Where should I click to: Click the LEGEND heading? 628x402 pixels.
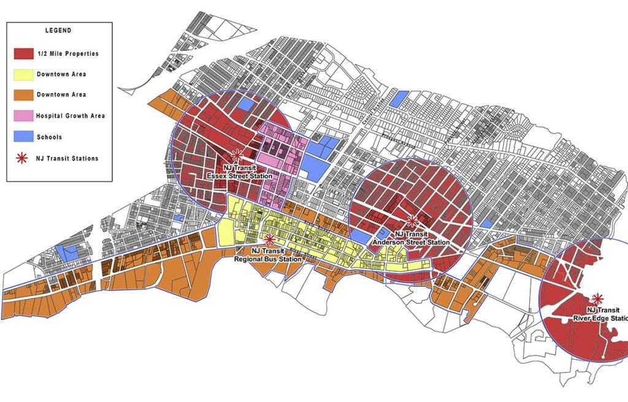click(59, 30)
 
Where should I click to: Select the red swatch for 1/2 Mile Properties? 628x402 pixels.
click(24, 53)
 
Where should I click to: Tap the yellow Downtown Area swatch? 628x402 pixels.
click(24, 74)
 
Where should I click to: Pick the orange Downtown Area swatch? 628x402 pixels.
click(24, 95)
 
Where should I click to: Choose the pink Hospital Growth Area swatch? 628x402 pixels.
click(24, 116)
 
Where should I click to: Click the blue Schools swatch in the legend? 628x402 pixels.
click(24, 137)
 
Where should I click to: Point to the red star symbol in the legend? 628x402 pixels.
click(24, 158)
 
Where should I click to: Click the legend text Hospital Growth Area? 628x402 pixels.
click(70, 116)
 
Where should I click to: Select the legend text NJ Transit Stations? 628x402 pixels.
click(67, 158)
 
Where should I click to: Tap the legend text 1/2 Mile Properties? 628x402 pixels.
click(67, 53)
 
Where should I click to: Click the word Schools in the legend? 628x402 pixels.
click(49, 137)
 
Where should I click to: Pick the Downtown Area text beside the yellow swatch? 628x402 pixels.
click(61, 74)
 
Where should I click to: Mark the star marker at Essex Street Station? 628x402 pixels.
click(237, 156)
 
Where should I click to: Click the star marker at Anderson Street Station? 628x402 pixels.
click(412, 221)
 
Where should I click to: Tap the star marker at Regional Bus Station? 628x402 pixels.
click(269, 238)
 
